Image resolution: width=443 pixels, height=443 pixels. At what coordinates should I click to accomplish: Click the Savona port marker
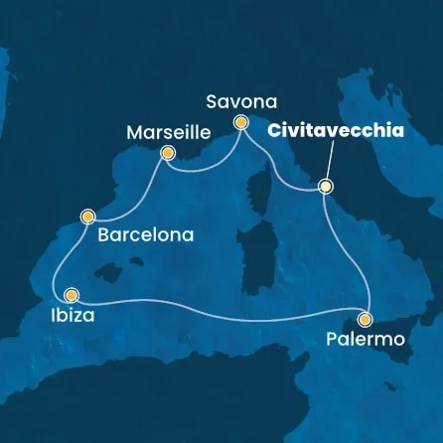coord(240,123)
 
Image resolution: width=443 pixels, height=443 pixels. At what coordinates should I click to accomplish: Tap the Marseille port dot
coord(168,153)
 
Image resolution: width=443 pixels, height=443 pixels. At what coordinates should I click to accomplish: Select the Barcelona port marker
coord(88,215)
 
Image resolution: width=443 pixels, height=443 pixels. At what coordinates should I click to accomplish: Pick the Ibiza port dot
coord(72,294)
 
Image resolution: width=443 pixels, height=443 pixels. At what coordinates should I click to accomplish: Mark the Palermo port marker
coord(366,319)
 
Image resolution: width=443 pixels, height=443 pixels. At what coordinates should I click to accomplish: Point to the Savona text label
coord(240,100)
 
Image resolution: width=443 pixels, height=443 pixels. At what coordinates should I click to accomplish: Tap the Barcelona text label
coord(145,236)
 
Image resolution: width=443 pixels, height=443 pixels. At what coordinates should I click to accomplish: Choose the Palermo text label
coord(366,341)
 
